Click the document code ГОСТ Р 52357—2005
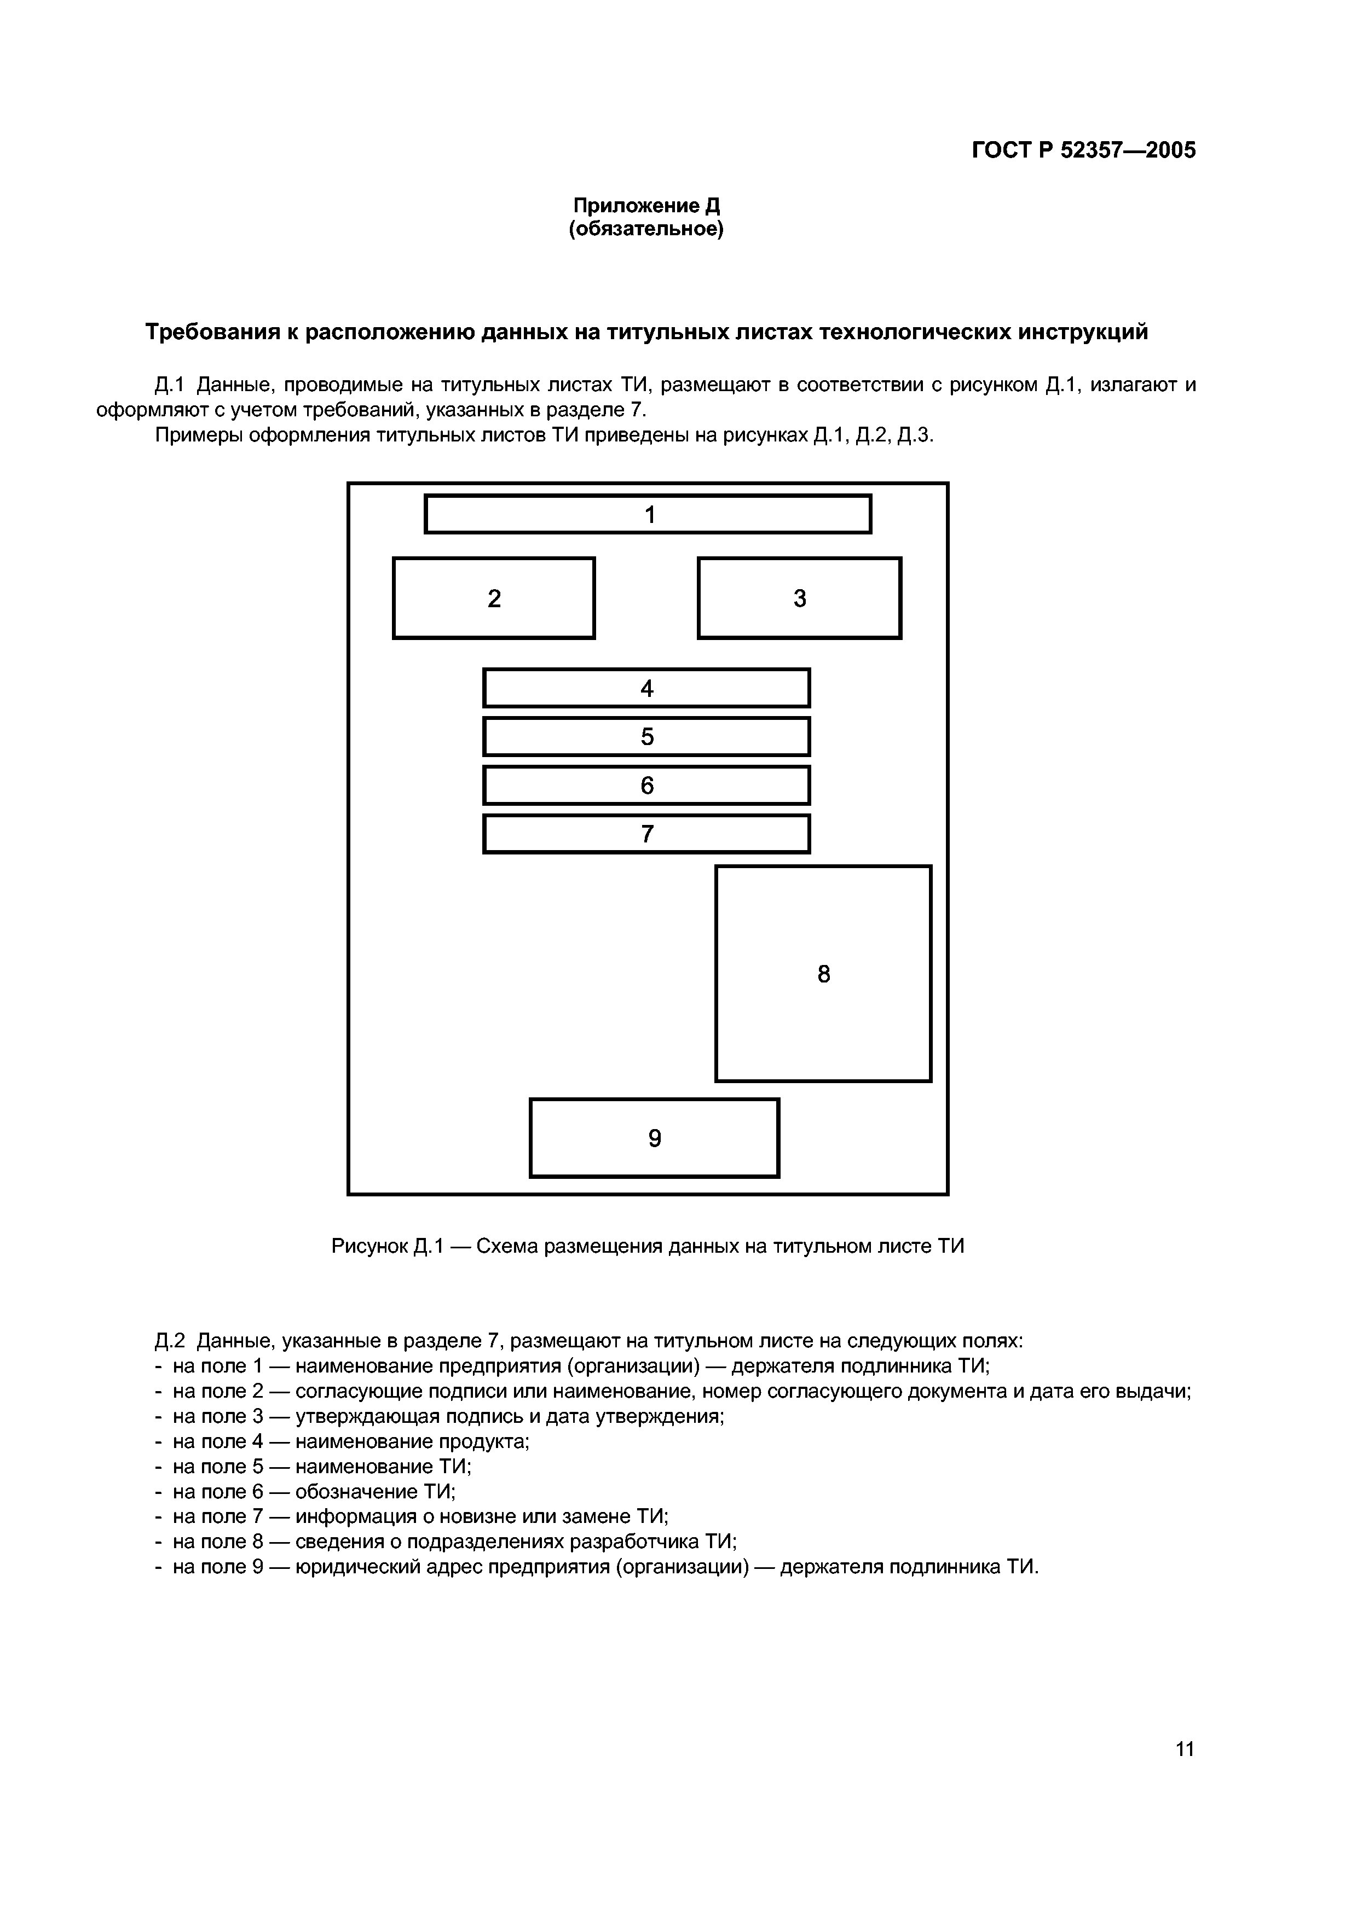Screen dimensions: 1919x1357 pyautogui.click(x=1084, y=150)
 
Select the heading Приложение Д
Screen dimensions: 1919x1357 pyautogui.click(x=646, y=206)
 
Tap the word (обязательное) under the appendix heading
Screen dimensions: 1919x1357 pyautogui.click(x=646, y=229)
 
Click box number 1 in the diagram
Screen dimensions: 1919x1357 pyautogui.click(x=648, y=514)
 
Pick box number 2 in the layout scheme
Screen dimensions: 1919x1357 pyautogui.click(x=494, y=598)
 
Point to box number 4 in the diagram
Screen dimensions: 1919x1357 pyautogui.click(x=646, y=688)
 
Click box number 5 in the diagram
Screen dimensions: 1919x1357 pyautogui.click(x=646, y=736)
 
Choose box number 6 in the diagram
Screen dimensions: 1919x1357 pyautogui.click(x=646, y=786)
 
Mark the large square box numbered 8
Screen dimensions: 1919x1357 pyautogui.click(x=824, y=974)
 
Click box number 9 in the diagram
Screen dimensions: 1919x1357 pyautogui.click(x=655, y=1138)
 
